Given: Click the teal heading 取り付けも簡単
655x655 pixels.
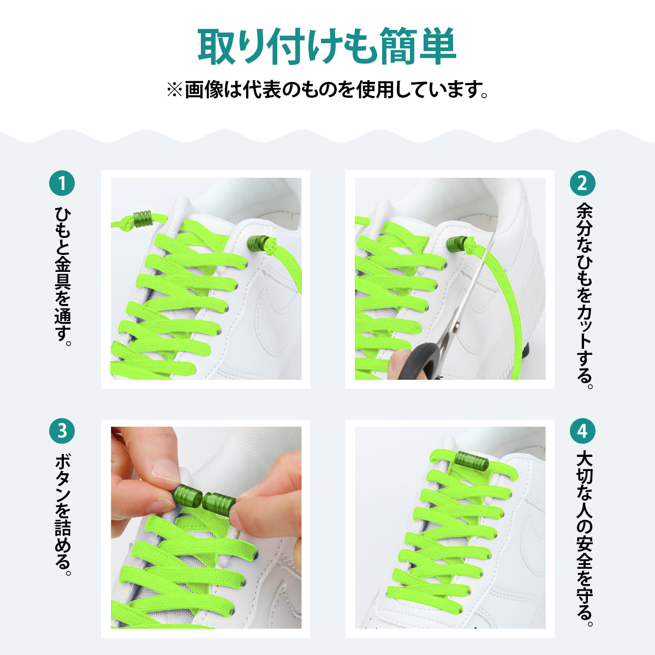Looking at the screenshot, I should click(327, 47).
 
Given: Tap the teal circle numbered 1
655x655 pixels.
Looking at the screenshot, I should click(62, 183).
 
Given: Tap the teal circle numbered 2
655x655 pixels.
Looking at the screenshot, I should click(582, 183).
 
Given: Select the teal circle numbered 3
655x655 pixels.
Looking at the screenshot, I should click(62, 431).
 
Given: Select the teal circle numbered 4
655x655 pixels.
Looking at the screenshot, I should click(582, 431).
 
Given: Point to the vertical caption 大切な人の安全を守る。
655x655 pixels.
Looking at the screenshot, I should click(583, 538).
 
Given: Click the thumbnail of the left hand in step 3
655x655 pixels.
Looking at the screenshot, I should click(163, 469).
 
